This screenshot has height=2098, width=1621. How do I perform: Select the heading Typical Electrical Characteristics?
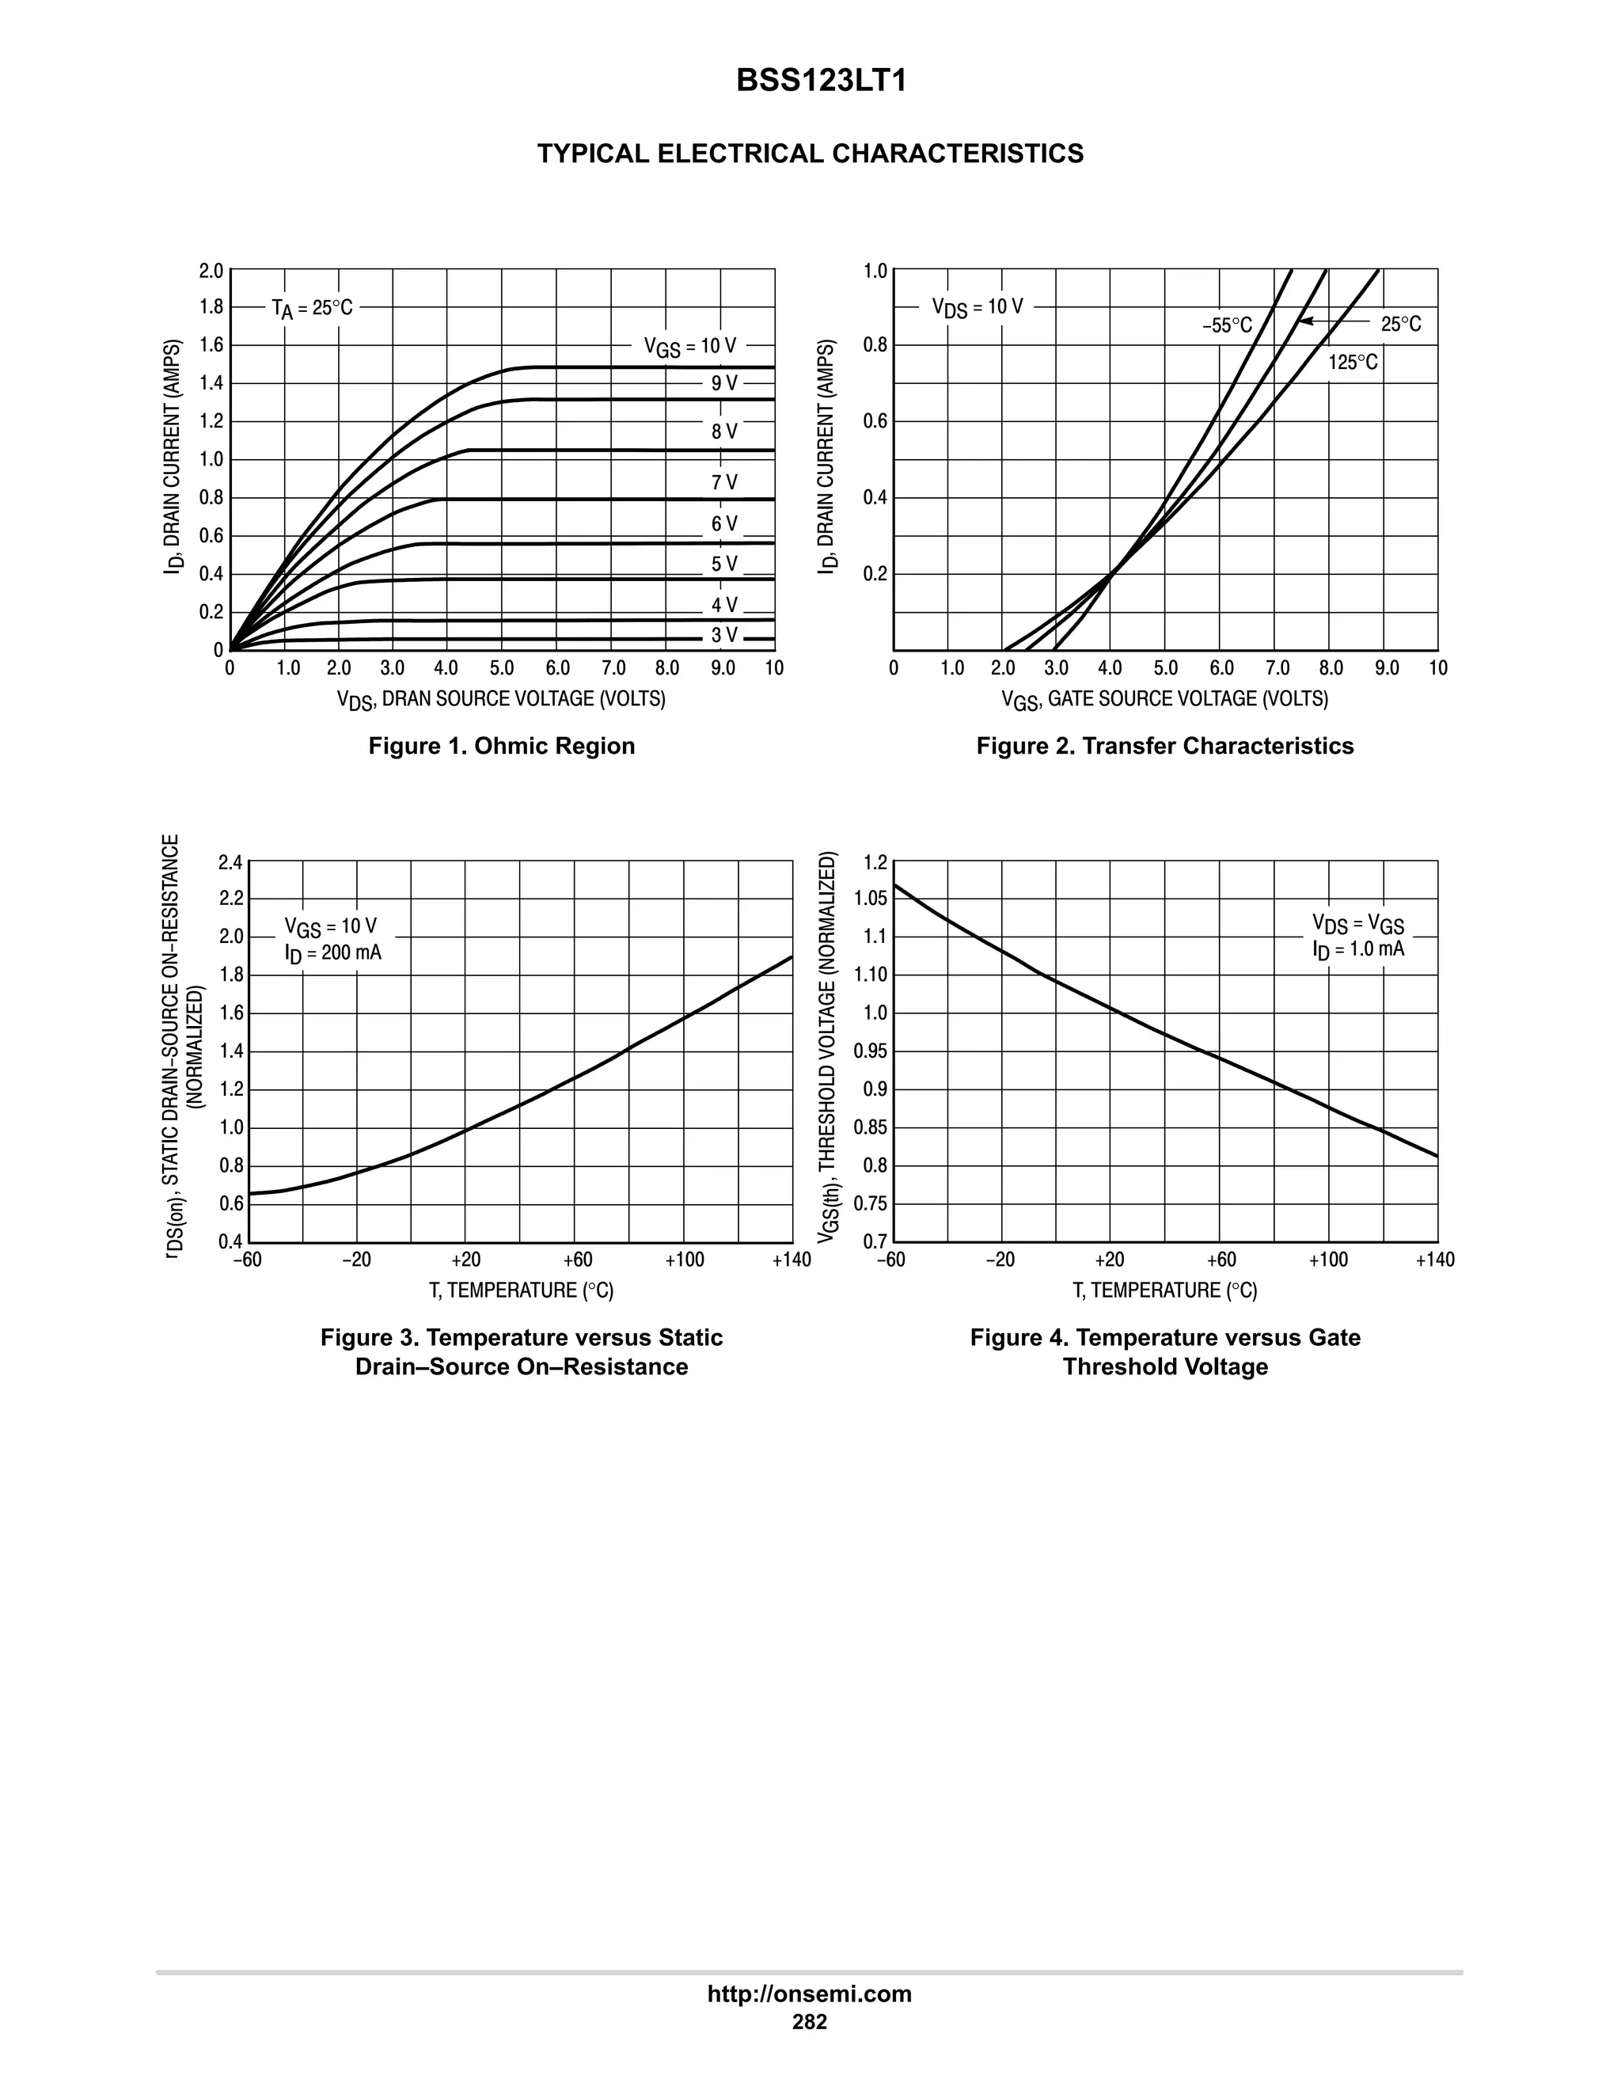click(x=810, y=154)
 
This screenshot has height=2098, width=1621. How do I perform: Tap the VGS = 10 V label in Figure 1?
click(x=689, y=346)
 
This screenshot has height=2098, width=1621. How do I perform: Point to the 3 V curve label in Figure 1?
click(x=724, y=635)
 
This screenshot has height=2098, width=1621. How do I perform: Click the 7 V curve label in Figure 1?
click(x=724, y=482)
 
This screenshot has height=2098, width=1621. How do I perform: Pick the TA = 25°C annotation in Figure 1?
click(x=311, y=308)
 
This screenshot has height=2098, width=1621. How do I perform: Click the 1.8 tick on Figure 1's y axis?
click(x=211, y=307)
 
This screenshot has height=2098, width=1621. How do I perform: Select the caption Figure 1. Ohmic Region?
click(x=501, y=747)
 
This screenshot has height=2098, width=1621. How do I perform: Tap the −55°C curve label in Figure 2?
click(x=1226, y=325)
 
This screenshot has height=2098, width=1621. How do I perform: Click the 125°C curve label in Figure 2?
click(x=1352, y=362)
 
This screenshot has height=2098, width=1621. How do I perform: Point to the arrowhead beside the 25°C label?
click(x=1307, y=321)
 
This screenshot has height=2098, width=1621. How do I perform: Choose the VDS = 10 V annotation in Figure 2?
click(x=977, y=307)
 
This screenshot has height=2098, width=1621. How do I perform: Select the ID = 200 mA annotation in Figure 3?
click(x=332, y=953)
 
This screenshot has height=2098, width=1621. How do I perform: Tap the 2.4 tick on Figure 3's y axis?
click(x=230, y=861)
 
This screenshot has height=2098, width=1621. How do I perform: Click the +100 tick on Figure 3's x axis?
click(x=684, y=1260)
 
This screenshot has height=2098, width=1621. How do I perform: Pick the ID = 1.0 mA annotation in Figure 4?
click(x=1358, y=949)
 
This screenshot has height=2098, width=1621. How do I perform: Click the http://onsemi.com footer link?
click(x=809, y=1994)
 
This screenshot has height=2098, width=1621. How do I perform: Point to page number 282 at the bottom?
click(x=809, y=2022)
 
